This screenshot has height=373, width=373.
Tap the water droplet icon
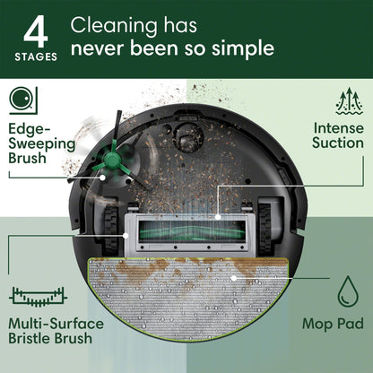pyautogui.click(x=347, y=292)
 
